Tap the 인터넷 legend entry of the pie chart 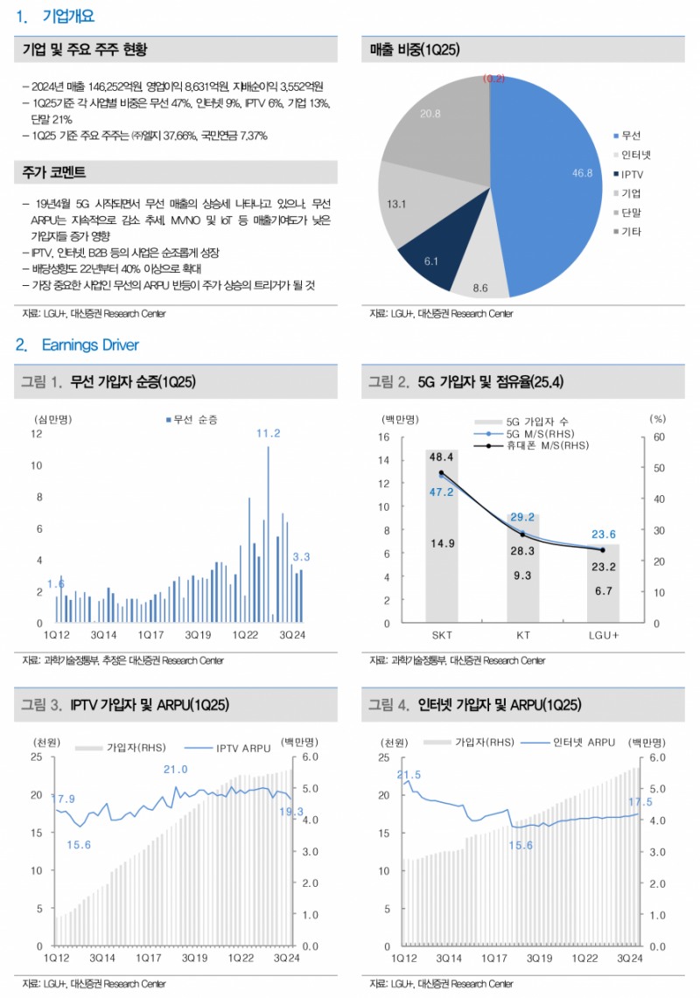pyautogui.click(x=635, y=155)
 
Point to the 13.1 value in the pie pyautogui.click(x=396, y=204)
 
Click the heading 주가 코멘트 pyautogui.click(x=53, y=172)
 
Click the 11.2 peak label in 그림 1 pyautogui.click(x=268, y=434)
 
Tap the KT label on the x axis pyautogui.click(x=521, y=635)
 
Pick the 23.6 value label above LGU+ pyautogui.click(x=603, y=534)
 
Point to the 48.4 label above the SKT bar pyautogui.click(x=441, y=457)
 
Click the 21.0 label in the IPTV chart pyautogui.click(x=176, y=770)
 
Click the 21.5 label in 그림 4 pyautogui.click(x=409, y=775)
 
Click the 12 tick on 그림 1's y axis pyautogui.click(x=36, y=434)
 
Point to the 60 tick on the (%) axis pyautogui.click(x=659, y=436)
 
